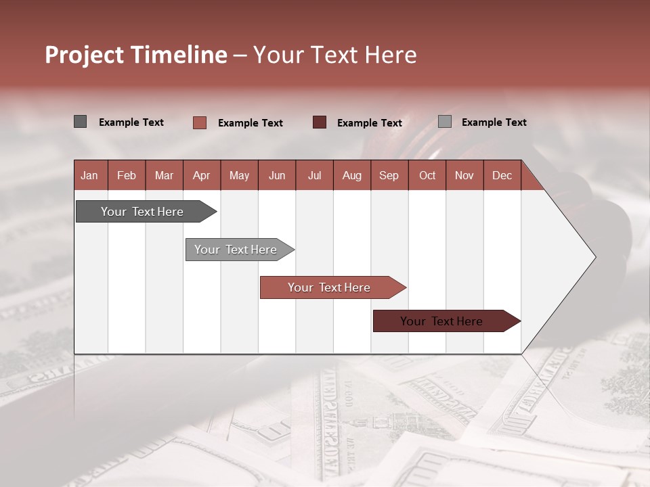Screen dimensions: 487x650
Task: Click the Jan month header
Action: (89, 175)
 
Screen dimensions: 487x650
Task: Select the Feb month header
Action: (127, 175)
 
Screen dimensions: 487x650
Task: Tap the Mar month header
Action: (164, 175)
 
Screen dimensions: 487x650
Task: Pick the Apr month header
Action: (201, 175)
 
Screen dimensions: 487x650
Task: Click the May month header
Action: (239, 175)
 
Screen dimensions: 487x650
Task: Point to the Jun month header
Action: (277, 175)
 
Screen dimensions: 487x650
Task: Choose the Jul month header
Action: (314, 175)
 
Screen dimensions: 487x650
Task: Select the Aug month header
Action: (351, 175)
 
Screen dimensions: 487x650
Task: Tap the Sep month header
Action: (389, 175)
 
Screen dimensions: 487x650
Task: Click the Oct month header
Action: (427, 175)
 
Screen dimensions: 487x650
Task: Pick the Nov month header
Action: (464, 175)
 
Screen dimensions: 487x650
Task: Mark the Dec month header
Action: (502, 175)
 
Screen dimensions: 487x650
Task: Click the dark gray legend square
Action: (81, 122)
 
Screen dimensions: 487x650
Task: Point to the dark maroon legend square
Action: (320, 122)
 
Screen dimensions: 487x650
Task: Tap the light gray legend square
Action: (445, 122)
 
